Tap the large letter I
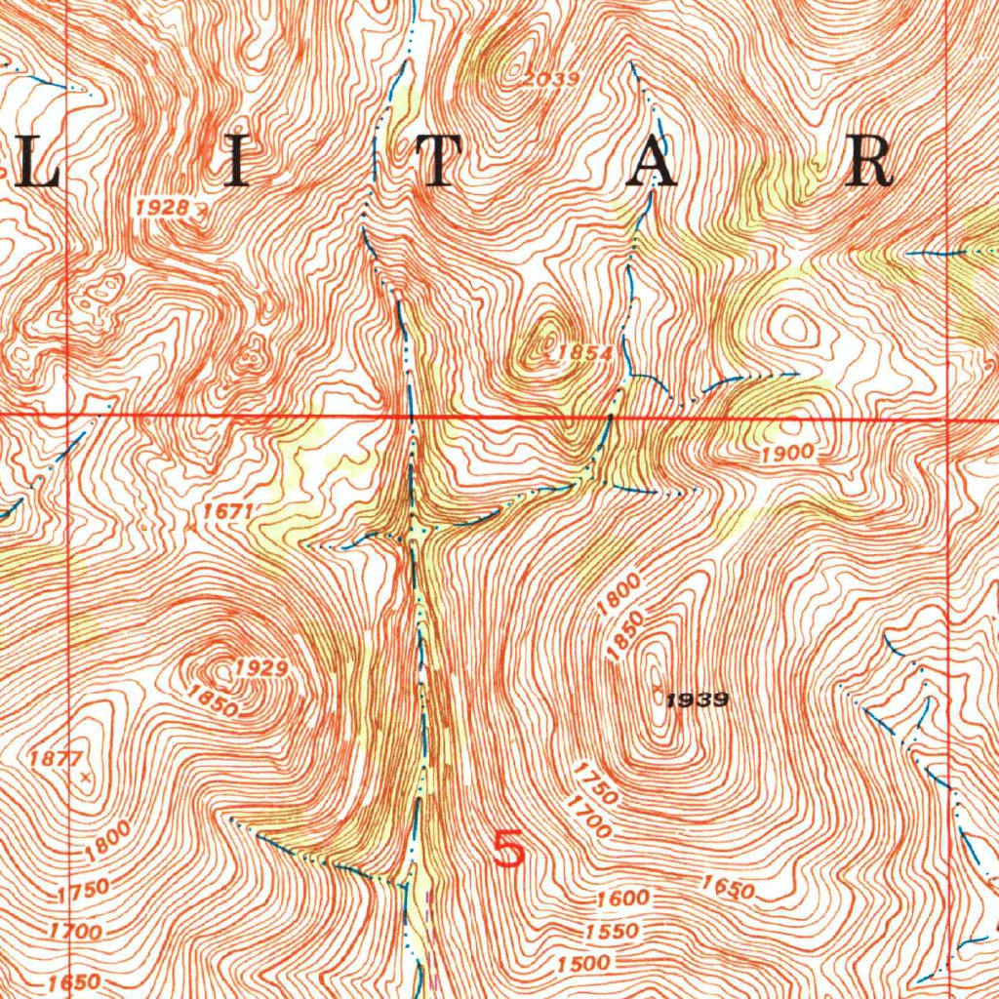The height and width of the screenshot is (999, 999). point(235,162)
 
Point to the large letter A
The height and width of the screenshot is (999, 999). point(652,162)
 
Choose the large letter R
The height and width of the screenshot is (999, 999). point(869,162)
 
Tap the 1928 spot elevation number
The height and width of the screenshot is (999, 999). point(162,207)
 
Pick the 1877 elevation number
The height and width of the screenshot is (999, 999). point(53,757)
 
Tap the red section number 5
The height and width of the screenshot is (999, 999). point(509,849)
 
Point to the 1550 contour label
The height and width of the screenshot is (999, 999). point(613,931)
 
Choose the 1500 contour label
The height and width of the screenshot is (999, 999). point(584,963)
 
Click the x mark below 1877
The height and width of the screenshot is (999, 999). point(87,777)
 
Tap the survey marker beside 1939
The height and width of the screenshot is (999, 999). point(659,696)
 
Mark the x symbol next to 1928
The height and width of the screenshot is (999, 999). point(200,208)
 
